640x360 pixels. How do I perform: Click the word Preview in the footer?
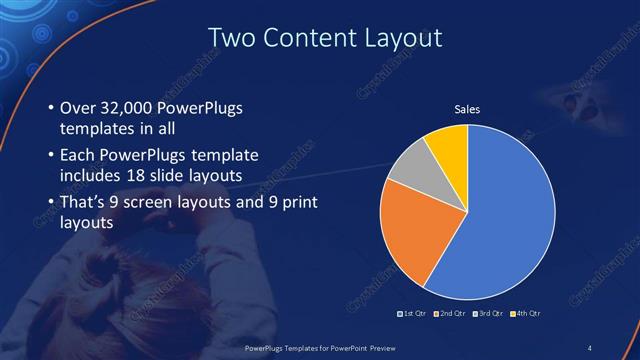click(x=405, y=347)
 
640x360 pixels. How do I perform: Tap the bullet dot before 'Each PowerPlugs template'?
click(x=51, y=156)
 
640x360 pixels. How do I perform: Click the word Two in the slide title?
click(x=227, y=39)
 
